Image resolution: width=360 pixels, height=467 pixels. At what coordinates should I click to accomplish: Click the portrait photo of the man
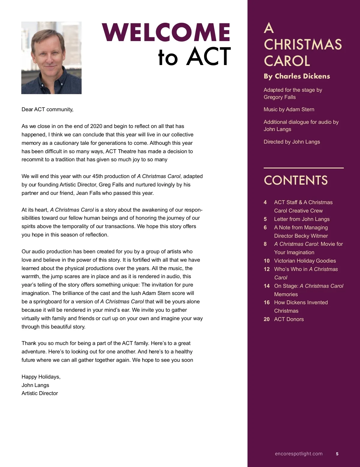click(51, 58)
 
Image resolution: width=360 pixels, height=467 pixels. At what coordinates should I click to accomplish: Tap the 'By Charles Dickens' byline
click(297, 76)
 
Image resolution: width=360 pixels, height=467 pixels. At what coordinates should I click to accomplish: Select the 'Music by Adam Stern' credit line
click(289, 109)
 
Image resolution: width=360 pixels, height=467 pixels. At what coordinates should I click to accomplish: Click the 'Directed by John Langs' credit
click(292, 142)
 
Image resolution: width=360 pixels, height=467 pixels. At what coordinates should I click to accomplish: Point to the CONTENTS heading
click(295, 180)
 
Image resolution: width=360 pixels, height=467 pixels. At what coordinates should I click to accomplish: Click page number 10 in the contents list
click(267, 261)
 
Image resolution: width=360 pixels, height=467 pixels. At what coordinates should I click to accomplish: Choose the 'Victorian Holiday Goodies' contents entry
click(305, 261)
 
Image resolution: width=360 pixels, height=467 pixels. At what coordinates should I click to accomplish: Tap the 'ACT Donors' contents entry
click(289, 319)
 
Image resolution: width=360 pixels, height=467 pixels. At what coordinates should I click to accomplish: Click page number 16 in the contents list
click(267, 302)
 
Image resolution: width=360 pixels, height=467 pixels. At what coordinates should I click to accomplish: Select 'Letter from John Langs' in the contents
click(301, 219)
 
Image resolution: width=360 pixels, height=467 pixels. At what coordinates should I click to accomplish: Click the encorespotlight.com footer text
click(298, 454)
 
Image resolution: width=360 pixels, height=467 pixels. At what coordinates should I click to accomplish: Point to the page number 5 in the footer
click(337, 454)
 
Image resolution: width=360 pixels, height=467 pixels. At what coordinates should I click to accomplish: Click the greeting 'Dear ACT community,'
click(47, 109)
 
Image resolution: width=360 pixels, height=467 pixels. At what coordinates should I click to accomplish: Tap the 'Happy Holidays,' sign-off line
click(41, 377)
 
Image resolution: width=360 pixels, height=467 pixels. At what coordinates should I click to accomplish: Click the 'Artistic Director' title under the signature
click(40, 393)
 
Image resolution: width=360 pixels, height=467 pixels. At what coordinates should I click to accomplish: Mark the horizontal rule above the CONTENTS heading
click(304, 168)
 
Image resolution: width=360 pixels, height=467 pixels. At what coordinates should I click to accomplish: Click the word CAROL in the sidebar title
click(287, 61)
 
